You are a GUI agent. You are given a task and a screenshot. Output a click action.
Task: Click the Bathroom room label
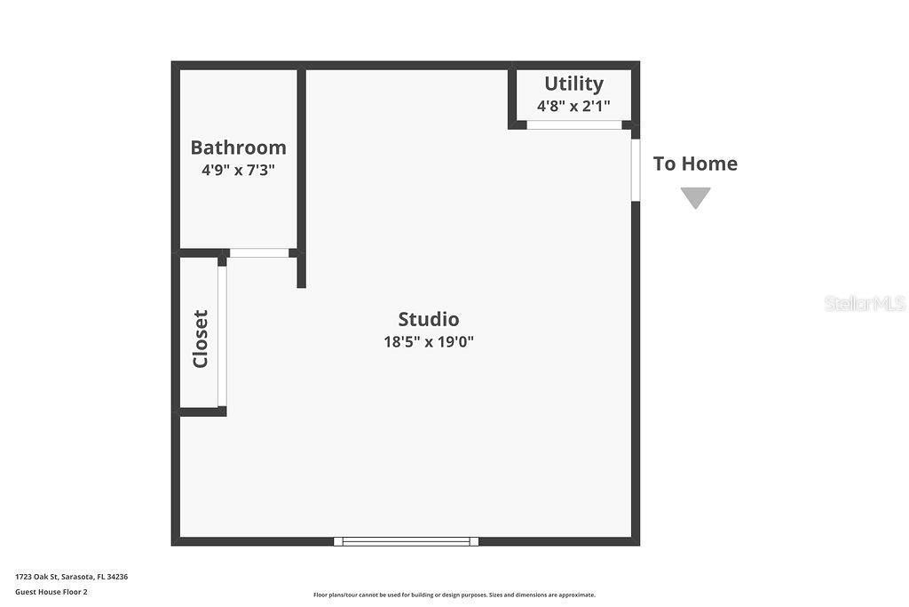[238, 148]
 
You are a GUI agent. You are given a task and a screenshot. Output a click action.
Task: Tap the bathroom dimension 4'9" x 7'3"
[238, 170]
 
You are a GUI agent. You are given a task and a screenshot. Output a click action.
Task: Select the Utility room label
[573, 84]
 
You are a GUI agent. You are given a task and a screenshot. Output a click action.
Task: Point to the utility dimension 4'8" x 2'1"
[573, 106]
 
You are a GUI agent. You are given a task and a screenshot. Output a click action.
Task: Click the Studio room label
[428, 319]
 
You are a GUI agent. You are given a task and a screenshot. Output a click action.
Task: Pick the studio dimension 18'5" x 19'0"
[428, 341]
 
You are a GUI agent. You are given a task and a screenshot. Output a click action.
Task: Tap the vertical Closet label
[201, 339]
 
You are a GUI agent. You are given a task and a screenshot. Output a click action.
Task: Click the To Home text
[695, 164]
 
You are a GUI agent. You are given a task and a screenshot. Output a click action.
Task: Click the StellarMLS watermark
[865, 303]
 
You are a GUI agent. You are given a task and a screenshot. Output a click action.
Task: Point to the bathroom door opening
[259, 253]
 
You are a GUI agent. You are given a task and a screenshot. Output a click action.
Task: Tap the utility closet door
[573, 125]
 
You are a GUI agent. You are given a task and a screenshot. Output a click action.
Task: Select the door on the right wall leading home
[636, 169]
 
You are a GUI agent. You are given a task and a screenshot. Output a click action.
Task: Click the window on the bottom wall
[406, 541]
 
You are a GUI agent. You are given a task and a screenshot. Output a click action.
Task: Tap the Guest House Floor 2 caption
[51, 592]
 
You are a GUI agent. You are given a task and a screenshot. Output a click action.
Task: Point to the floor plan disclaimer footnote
[454, 595]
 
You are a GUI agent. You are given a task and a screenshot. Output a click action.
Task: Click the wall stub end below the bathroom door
[301, 281]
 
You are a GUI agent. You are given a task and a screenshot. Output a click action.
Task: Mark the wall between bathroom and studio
[301, 160]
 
